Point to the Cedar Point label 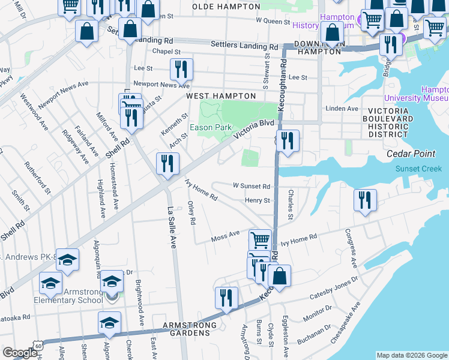(411, 154)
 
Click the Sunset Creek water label (418, 169)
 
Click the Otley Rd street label (191, 213)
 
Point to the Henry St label (258, 200)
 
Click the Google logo (20, 353)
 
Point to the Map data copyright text (411, 355)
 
